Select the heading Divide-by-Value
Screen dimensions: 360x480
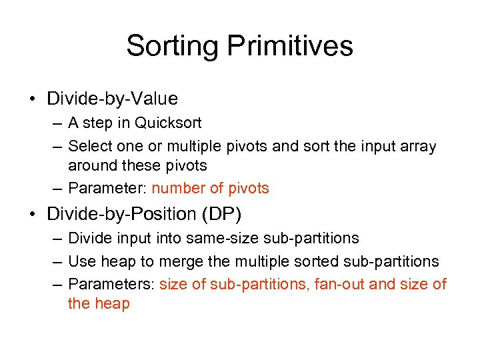click(112, 99)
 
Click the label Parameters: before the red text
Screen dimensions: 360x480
click(111, 284)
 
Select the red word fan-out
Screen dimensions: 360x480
click(340, 284)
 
